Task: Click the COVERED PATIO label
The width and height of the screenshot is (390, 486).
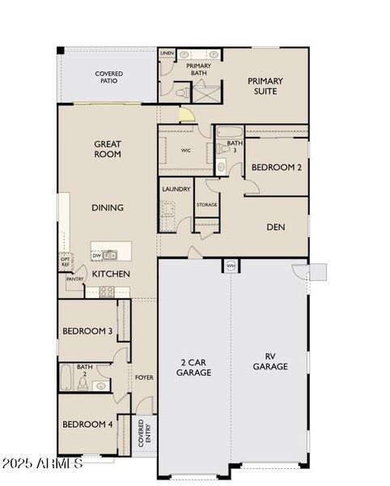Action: pos(108,77)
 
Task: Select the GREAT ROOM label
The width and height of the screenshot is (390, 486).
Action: pos(108,148)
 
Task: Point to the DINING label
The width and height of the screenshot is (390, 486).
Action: pos(108,207)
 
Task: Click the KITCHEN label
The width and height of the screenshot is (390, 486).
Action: pos(111,274)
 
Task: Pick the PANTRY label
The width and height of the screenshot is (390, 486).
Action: pos(75,279)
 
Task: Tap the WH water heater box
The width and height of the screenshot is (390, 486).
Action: pos(231,265)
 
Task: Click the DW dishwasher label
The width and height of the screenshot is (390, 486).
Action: pos(97,255)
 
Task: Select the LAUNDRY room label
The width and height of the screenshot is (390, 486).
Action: pos(176,189)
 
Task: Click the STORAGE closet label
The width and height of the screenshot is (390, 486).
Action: pos(206,205)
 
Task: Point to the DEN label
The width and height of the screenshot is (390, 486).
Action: pos(276,227)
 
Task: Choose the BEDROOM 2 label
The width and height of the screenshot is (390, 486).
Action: pos(276,167)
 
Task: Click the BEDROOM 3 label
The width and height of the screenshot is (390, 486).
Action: pos(87,330)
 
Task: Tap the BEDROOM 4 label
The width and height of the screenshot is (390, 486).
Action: pos(87,424)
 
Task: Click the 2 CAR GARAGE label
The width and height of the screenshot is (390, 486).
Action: pos(194,367)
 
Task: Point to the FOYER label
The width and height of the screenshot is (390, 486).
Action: pos(144,377)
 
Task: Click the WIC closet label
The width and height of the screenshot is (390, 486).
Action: pos(186,150)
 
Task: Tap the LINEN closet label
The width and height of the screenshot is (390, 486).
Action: pos(167,53)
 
